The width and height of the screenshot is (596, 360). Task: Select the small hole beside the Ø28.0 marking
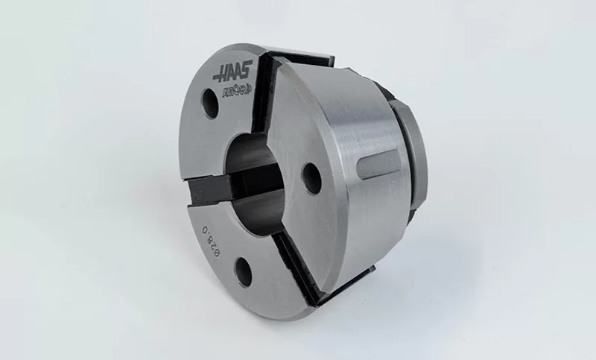click(244, 271)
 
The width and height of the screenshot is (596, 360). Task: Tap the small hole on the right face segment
click(311, 178)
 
